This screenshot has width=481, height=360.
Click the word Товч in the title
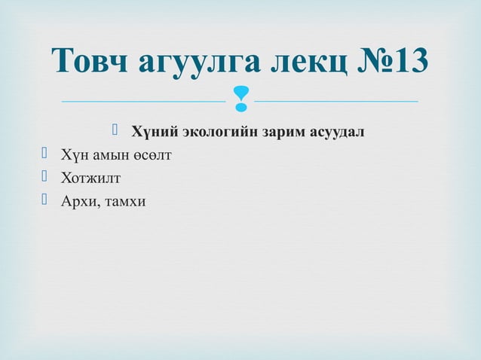coord(90,62)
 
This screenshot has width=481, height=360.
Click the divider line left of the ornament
coord(143,100)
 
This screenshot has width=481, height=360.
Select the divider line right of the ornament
coord(337,100)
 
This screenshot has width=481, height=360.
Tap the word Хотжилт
coord(90,178)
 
